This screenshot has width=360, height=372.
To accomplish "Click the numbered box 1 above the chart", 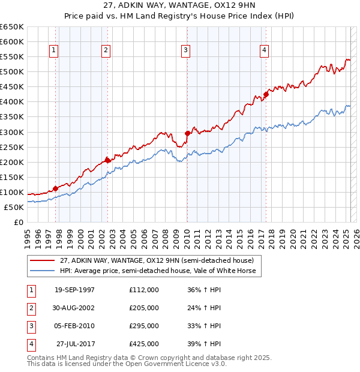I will click(54, 51).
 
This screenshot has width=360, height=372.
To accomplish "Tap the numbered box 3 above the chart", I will click(186, 51).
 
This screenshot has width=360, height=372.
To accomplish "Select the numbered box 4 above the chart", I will click(264, 51).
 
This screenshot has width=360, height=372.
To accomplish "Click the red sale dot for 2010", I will click(187, 133).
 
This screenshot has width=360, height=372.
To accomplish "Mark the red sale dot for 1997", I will click(55, 188).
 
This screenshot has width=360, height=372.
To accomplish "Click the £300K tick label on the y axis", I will click(11, 132).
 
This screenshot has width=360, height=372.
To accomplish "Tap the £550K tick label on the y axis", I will click(11, 56).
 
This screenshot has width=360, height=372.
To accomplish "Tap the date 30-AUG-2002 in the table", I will click(74, 308).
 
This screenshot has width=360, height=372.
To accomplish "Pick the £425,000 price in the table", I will click(144, 344).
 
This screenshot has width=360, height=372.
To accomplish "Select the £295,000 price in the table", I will click(144, 326).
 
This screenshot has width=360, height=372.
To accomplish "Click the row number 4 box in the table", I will click(31, 344).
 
